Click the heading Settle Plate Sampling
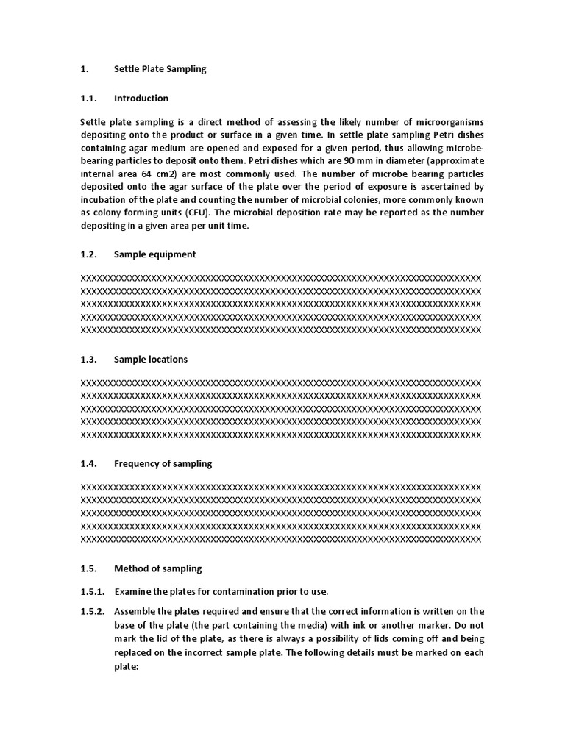click(160, 69)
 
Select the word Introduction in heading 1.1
click(141, 98)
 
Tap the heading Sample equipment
click(154, 254)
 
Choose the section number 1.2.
click(88, 254)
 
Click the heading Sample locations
click(151, 359)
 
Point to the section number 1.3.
click(88, 359)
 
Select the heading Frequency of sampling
click(163, 463)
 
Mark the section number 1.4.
click(88, 463)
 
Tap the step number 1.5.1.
click(92, 592)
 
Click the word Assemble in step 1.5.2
click(136, 611)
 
